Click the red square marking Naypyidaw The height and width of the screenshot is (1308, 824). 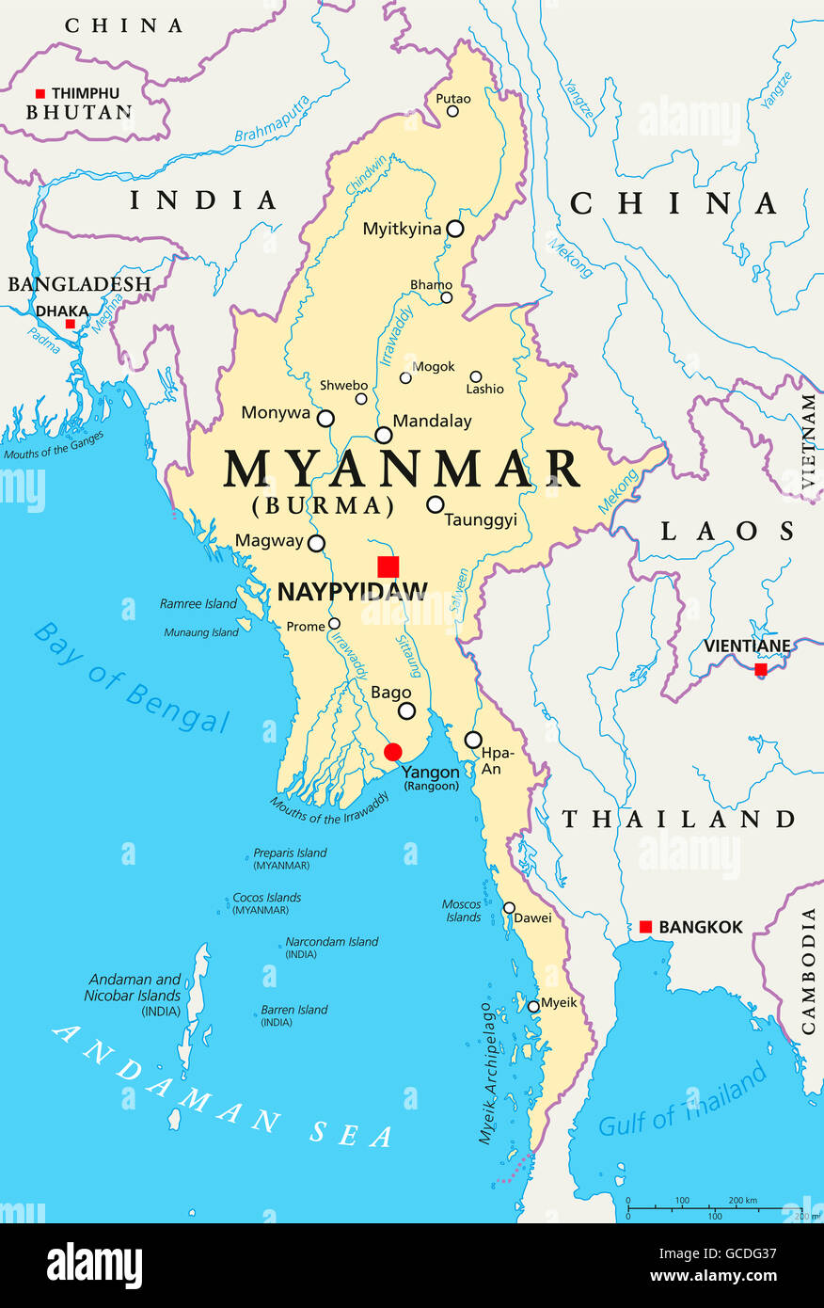click(x=388, y=566)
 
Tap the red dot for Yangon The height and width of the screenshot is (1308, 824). click(x=393, y=752)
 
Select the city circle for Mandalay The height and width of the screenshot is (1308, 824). click(x=384, y=435)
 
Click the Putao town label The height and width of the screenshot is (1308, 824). click(x=453, y=99)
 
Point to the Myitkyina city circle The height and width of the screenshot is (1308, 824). click(x=455, y=229)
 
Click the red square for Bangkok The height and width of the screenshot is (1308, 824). click(x=645, y=927)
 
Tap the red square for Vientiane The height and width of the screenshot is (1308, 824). click(x=761, y=669)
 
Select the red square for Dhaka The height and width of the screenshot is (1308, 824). click(x=70, y=324)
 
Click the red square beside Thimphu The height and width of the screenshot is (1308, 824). click(x=40, y=93)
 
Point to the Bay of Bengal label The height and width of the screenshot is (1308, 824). click(x=132, y=678)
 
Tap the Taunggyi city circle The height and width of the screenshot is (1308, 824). click(x=435, y=504)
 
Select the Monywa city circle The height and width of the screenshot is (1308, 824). click(x=325, y=419)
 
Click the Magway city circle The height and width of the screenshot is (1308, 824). click(x=317, y=543)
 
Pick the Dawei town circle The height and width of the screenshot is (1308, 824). click(x=509, y=908)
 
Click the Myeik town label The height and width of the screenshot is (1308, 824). click(x=560, y=1002)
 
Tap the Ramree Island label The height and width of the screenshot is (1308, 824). click(x=198, y=604)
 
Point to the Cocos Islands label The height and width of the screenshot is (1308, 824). click(x=267, y=898)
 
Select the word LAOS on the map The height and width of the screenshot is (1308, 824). click(x=727, y=532)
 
